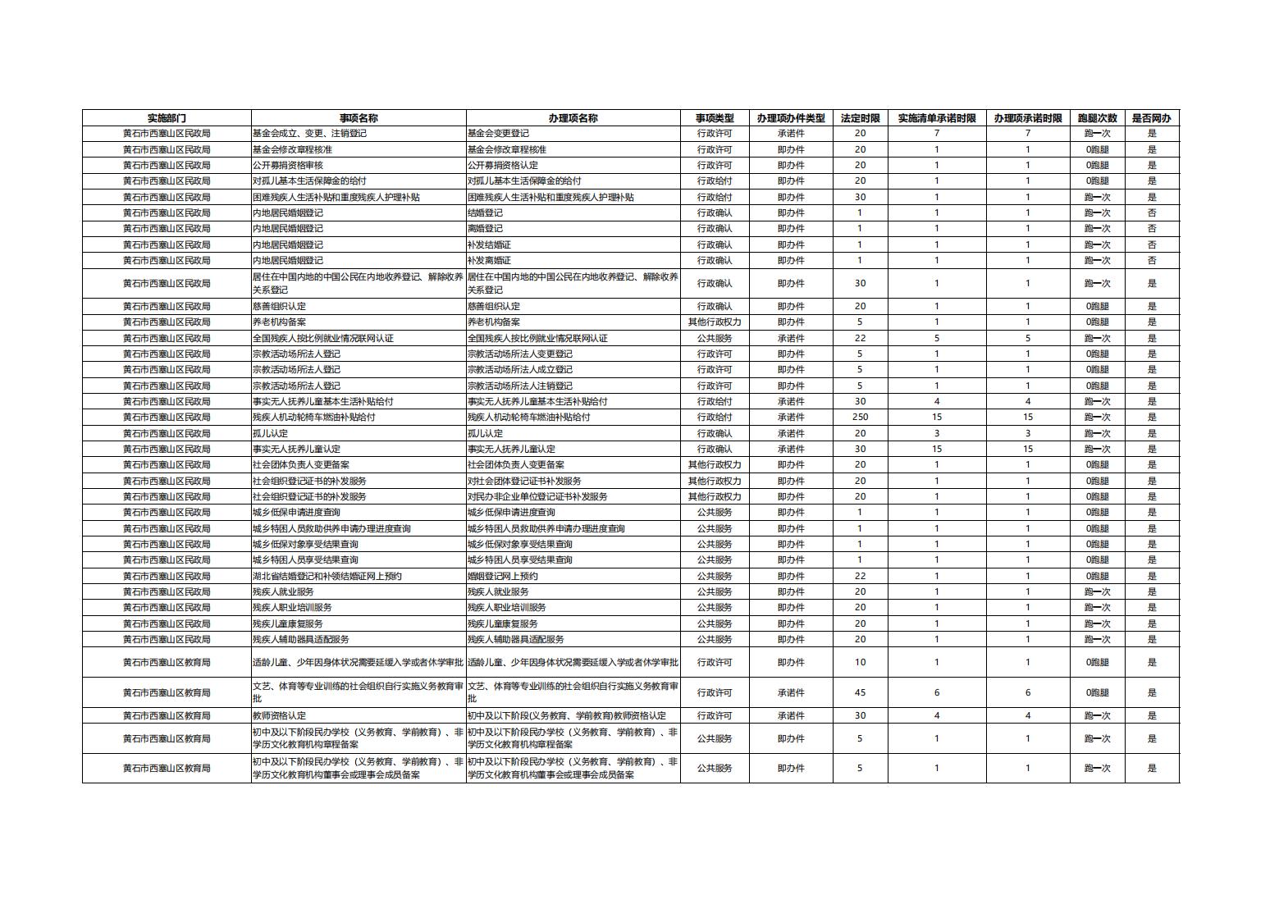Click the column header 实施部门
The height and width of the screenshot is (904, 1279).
[167, 118]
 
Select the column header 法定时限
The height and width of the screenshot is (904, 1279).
[860, 118]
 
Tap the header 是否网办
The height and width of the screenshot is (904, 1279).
[1151, 118]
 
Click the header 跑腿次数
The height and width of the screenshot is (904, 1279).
[1097, 118]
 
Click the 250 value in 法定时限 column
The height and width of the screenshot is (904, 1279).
[860, 418]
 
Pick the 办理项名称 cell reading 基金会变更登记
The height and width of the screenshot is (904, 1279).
[498, 134]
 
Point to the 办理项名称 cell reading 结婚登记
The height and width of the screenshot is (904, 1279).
[485, 213]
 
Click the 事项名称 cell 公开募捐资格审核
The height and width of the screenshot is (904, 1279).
[287, 166]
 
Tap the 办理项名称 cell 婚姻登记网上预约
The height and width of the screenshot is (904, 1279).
[502, 577]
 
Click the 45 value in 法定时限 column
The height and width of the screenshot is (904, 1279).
[860, 693]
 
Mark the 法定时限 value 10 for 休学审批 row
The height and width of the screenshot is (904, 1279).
[860, 663]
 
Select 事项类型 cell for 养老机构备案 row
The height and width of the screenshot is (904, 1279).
[714, 322]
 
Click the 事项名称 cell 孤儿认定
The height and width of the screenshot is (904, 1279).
[270, 434]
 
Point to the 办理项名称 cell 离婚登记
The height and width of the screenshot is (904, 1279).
[485, 229]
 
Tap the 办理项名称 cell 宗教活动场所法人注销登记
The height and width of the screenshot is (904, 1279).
[520, 386]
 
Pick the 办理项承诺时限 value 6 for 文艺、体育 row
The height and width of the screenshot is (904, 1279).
[1027, 693]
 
